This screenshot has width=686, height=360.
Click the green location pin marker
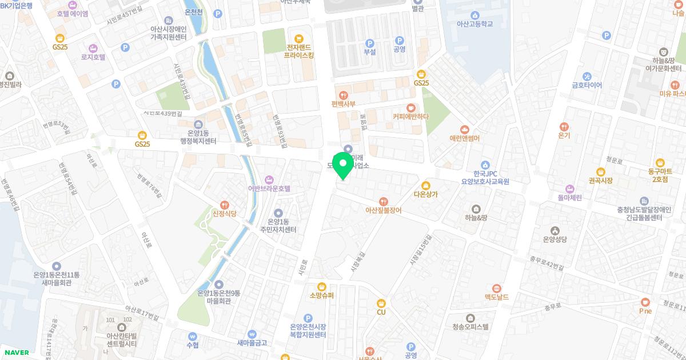tap(343, 165)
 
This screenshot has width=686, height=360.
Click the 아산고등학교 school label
tap(474, 24)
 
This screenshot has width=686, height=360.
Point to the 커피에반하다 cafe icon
tap(410, 107)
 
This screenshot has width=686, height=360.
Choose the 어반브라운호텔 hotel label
tap(269, 188)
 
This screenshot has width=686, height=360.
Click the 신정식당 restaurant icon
tap(225, 205)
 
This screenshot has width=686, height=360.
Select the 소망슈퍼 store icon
tap(321, 286)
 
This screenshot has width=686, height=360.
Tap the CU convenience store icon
tap(381, 303)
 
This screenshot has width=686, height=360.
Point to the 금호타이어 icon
tap(587, 77)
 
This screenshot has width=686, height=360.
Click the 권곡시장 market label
tap(600, 181)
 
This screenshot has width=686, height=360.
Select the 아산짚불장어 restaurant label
tap(383, 210)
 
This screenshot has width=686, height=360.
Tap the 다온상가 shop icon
tap(425, 185)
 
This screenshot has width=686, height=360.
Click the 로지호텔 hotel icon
tap(93, 48)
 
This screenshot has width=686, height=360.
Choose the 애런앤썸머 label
tap(464, 138)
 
